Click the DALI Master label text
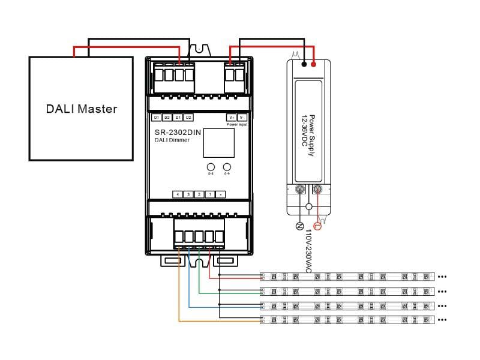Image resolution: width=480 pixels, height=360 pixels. coord(82,109)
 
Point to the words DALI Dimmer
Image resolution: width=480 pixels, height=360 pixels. coord(172,140)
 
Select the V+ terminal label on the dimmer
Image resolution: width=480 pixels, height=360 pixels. coord(231,117)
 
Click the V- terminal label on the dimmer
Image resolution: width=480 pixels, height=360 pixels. coord(242,117)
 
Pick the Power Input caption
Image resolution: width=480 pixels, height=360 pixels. coord(236,124)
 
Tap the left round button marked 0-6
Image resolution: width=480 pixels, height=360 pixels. coord(211,167)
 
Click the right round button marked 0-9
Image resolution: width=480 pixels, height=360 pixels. coord(227,167)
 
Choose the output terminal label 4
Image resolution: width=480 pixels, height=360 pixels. coord(178,194)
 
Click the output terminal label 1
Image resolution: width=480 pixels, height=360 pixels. coord(210,194)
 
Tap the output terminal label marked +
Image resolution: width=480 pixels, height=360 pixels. coord(221,194)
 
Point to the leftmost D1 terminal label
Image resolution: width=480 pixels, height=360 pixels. coord(156,117)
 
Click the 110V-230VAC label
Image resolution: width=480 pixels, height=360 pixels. coord(308,251)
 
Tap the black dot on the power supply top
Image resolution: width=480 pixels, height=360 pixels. coord(305,63)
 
